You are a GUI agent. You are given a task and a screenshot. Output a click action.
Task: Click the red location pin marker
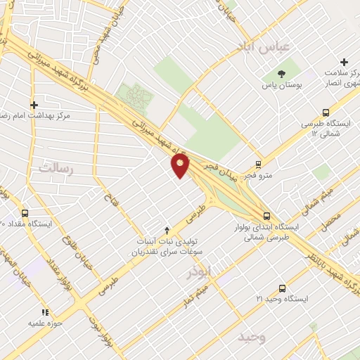(x=181, y=165)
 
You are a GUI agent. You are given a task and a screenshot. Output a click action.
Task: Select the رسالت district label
(x=57, y=167)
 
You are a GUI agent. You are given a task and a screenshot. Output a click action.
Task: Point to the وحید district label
(x=252, y=337)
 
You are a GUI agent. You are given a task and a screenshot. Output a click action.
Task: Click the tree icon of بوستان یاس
(x=282, y=73)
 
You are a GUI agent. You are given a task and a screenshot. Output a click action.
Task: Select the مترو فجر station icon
(x=258, y=163)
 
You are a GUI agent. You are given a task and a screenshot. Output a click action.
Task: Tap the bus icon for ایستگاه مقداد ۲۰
(x=25, y=213)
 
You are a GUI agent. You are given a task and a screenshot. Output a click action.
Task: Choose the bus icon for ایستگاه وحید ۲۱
(x=282, y=288)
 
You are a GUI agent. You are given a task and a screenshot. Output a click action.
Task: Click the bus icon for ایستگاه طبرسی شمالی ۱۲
(x=326, y=112)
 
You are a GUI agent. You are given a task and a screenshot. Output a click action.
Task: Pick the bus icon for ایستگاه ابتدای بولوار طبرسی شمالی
(x=266, y=217)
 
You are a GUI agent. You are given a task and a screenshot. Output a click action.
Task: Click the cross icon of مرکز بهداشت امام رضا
(x=34, y=105)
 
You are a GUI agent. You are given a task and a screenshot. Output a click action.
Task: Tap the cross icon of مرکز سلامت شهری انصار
(x=344, y=63)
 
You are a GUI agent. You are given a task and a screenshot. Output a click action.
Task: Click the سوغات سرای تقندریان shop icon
(x=167, y=230)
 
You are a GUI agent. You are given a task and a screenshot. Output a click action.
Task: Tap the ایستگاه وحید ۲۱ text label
(x=282, y=299)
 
